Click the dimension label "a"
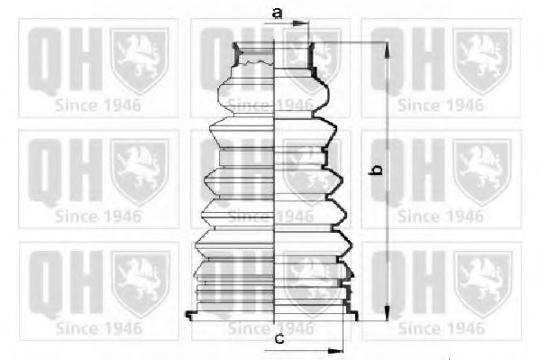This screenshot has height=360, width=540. (278, 14)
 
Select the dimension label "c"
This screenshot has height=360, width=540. (279, 339)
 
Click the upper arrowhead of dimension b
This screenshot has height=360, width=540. (388, 51)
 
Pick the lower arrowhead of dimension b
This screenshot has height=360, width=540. (388, 312)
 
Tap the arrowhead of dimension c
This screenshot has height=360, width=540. (335, 351)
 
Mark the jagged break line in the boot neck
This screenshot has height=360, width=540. (257, 62)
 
